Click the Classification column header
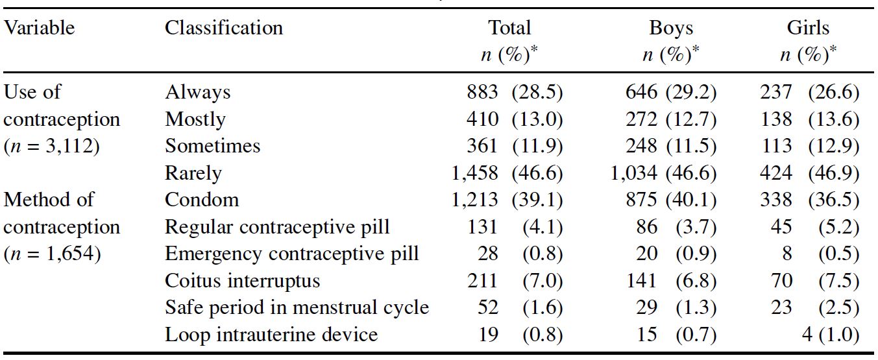coord(224,28)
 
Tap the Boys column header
coord(671,28)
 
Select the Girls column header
coord(808,28)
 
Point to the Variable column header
coord(39,28)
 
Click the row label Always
coord(197,93)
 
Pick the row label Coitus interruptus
coord(242,281)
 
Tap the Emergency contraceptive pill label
coord(291,254)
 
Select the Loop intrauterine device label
coord(271,335)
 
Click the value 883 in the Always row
coord(482,93)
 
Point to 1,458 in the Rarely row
coord(474,173)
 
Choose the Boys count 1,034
coord(634,173)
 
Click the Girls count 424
coord(776,173)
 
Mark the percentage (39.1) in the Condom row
coord(537,200)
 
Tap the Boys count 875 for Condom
coord(641,200)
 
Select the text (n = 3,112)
coord(51,146)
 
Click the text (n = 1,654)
coord(52,254)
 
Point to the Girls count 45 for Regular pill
coord(781,227)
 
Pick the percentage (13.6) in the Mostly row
coord(833,119)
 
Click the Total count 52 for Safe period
coord(487,307)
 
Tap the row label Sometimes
coord(212,146)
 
